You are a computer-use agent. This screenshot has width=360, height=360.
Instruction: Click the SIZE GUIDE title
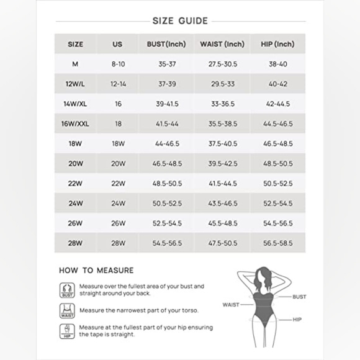180,20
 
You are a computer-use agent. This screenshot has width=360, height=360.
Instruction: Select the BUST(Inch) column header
167,44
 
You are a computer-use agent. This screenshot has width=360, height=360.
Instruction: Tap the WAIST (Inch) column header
222,44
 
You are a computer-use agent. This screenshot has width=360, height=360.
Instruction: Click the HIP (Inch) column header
276,44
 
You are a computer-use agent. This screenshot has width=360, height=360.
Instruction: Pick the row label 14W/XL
76,104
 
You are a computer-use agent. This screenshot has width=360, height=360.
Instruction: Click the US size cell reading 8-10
118,64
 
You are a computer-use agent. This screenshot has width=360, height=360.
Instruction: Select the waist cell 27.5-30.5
222,64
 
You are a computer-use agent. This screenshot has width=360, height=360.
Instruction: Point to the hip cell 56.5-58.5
276,243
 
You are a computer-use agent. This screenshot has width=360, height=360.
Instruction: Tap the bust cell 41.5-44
167,124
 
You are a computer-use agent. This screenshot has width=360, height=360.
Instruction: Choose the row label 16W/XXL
76,124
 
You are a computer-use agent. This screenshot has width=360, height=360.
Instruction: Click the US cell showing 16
118,104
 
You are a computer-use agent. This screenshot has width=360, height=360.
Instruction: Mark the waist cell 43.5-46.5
222,203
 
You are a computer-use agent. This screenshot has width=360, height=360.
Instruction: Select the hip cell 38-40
276,64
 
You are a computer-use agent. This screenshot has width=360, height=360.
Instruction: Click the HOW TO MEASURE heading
96,270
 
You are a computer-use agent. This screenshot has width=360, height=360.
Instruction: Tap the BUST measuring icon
66,289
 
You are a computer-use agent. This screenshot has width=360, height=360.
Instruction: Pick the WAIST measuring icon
66,310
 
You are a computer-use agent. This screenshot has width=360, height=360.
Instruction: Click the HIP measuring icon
66,331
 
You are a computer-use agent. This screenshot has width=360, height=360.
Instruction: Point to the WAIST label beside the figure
231,305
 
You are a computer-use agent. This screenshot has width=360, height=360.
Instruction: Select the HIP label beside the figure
297,319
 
